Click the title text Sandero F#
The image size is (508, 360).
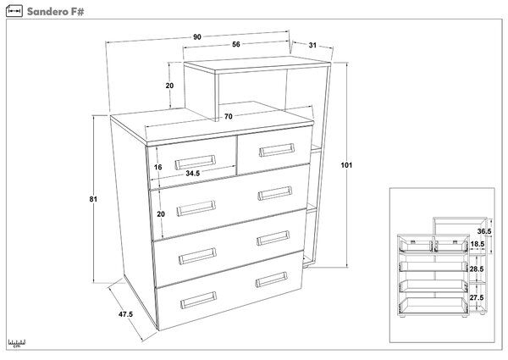[x=55, y=12]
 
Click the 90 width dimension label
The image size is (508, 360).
[x=197, y=37]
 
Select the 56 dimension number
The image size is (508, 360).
[x=236, y=44]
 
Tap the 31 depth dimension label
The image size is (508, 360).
[x=312, y=46]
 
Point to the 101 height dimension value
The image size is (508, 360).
[x=346, y=165]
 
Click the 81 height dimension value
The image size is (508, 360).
[x=93, y=199]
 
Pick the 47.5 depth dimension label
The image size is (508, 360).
[x=125, y=314]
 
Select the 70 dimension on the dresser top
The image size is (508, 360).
[x=228, y=116]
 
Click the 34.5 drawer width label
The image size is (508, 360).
[x=193, y=174]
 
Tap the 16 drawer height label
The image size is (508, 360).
[x=157, y=167]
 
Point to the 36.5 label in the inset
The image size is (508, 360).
[x=484, y=231]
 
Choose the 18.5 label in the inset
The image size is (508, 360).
[x=477, y=244]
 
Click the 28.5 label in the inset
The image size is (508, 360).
[x=477, y=269]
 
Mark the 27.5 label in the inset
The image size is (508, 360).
[x=477, y=297]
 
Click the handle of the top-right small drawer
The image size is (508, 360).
[x=277, y=150]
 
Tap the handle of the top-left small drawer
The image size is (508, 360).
[x=195, y=163]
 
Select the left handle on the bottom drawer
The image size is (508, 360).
[x=199, y=300]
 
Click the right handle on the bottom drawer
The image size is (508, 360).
[x=272, y=280]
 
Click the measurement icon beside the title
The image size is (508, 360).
[x=14, y=11]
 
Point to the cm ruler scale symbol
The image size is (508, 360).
[x=17, y=343]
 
